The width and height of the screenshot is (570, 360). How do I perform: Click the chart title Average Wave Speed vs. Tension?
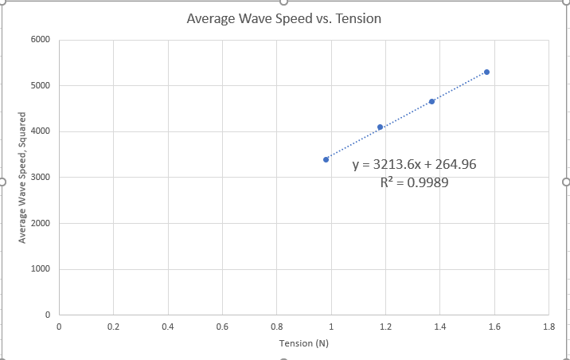[x=284, y=18]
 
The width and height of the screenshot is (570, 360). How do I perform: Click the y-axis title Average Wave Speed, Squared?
[x=24, y=178]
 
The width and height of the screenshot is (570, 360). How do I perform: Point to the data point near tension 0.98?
[x=326, y=159]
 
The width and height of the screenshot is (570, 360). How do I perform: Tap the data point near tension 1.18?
[x=381, y=127]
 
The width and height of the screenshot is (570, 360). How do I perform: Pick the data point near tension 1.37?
[x=431, y=101]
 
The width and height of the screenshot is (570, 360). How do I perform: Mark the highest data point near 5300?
[x=486, y=72]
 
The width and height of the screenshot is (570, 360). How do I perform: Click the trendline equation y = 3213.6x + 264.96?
[x=414, y=165]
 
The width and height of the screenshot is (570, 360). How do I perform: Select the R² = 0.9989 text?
[x=414, y=182]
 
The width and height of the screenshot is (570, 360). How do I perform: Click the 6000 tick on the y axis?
[x=41, y=40]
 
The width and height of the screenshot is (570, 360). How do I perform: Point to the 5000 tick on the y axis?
[x=41, y=86]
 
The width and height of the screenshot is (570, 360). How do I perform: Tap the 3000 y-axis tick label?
[x=41, y=178]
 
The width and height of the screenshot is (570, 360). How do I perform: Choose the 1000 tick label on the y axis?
[x=41, y=269]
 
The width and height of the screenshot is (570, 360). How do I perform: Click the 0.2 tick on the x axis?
[x=113, y=327]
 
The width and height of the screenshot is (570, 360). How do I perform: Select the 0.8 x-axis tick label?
[x=276, y=327]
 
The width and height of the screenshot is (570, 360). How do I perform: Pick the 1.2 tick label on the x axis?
[x=385, y=327]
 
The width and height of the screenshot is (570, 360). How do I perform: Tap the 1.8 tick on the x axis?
[x=549, y=327]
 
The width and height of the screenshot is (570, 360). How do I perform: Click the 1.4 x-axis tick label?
[x=440, y=327]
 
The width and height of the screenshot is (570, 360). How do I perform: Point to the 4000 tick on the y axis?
[x=41, y=131]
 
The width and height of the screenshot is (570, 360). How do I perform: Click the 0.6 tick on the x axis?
[x=222, y=327]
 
